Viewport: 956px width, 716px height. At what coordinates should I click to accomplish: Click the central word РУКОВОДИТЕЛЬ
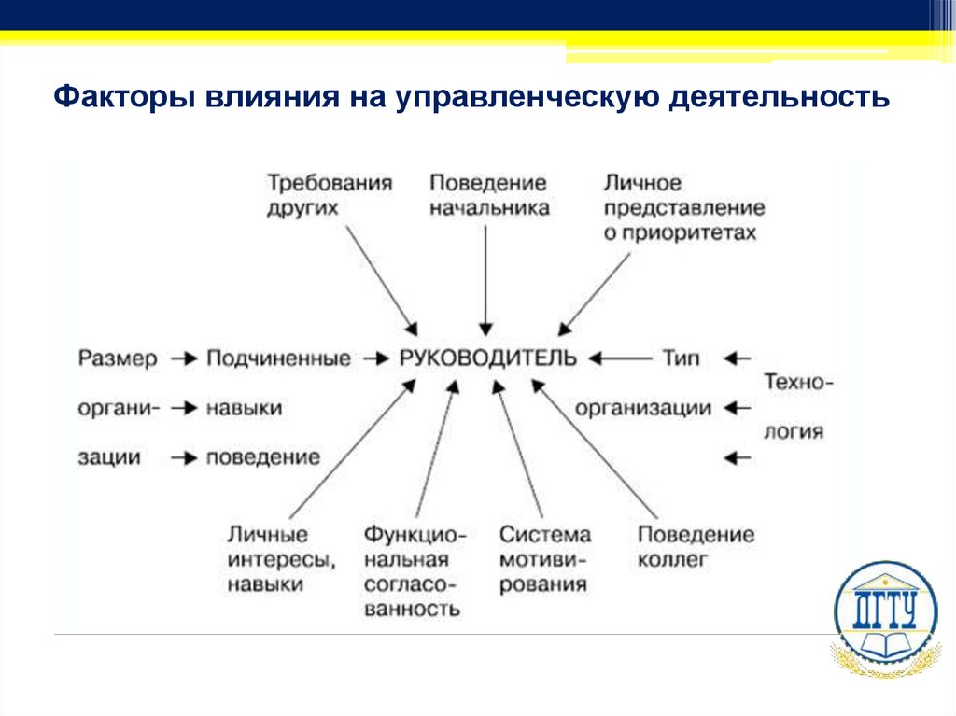click(488, 358)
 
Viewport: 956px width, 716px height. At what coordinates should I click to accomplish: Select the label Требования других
click(329, 194)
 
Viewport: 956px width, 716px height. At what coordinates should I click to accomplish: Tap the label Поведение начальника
click(488, 194)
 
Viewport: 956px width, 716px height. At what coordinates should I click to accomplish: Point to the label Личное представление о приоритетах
click(683, 207)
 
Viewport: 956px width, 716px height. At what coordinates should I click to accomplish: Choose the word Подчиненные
click(278, 358)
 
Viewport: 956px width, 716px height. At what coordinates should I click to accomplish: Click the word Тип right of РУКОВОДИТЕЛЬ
click(681, 358)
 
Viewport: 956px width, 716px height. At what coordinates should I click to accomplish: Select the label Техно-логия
click(798, 407)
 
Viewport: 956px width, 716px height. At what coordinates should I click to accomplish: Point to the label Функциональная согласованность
click(414, 571)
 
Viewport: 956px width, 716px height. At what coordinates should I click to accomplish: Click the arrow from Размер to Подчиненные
click(184, 358)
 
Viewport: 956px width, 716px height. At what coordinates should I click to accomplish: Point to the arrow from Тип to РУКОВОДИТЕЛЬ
click(621, 358)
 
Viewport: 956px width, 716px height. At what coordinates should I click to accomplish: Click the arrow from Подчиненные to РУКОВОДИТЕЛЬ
click(375, 358)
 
